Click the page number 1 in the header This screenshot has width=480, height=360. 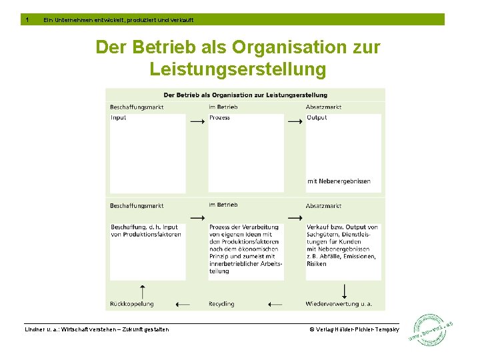(x=26, y=19)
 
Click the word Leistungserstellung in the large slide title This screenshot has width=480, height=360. (x=238, y=69)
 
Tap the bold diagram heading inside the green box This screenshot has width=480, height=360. (x=245, y=95)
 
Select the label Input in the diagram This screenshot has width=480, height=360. (x=119, y=118)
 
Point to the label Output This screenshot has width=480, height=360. (x=317, y=118)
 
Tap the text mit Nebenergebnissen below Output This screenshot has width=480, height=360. (x=339, y=181)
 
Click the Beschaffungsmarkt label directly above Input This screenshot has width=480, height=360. (x=137, y=107)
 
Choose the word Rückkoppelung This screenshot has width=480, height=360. (x=132, y=304)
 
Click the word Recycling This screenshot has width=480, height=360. (x=221, y=304)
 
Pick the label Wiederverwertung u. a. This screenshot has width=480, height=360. (x=339, y=304)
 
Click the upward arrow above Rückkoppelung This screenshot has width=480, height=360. (x=141, y=291)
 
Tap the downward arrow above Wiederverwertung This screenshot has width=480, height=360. (x=344, y=291)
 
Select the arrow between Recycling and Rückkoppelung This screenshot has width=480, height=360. (x=183, y=304)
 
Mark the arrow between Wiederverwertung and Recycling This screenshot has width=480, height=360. (x=276, y=304)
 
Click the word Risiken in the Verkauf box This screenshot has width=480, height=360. (x=317, y=263)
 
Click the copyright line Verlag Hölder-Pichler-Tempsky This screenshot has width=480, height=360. (x=353, y=329)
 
